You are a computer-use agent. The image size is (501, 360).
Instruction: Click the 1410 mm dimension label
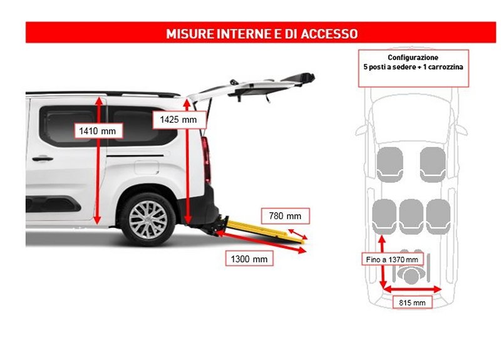(98, 131)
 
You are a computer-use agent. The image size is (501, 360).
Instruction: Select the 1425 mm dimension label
(178, 119)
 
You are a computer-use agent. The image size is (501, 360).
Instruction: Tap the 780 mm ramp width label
(285, 216)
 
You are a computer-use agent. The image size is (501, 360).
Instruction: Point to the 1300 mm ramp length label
(248, 259)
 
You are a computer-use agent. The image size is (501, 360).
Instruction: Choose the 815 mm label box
(412, 302)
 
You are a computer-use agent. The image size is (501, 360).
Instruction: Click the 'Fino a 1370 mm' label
(393, 259)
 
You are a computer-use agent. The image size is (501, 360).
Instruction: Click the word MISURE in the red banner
(190, 33)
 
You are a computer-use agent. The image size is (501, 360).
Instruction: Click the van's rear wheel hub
(148, 219)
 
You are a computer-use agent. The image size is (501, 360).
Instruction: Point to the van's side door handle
(43, 159)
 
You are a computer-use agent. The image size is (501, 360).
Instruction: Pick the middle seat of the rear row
(412, 215)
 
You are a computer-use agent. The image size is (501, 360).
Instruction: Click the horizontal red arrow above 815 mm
(412, 289)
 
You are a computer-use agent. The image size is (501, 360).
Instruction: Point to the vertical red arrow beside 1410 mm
(97, 188)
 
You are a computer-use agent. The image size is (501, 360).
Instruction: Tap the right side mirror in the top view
(462, 129)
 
